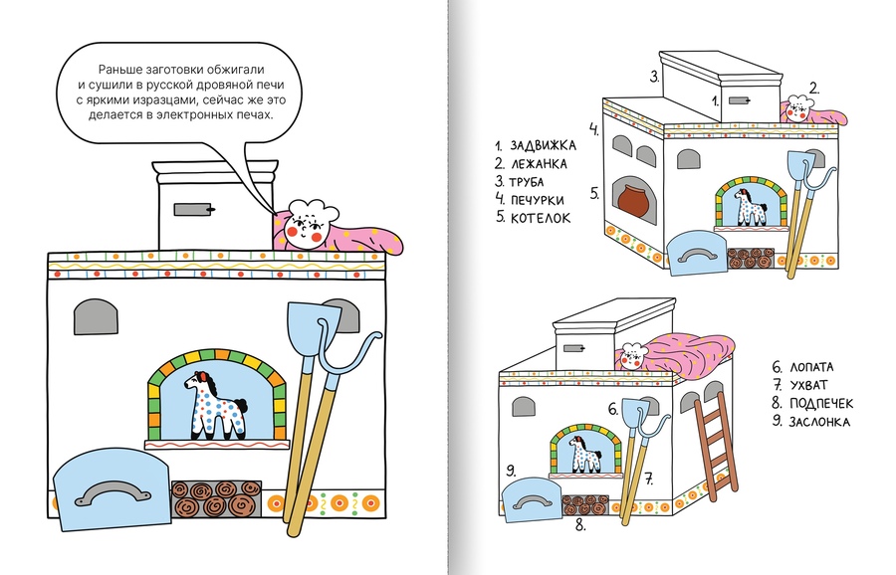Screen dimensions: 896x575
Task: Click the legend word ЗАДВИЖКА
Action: coord(543,145)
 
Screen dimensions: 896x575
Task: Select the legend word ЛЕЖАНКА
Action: coord(539,164)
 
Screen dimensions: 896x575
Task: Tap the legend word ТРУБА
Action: coord(527,182)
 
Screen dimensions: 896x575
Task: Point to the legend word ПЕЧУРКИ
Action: coord(538,200)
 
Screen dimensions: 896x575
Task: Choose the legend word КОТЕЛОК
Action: coord(540,218)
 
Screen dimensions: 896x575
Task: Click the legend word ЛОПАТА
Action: coord(811,367)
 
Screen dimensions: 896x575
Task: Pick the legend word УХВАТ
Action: coord(808,385)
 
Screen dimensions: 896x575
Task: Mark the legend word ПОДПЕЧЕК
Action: coord(821,404)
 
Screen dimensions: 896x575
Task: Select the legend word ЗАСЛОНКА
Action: coord(819,422)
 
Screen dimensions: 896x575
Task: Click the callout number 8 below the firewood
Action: coord(580,526)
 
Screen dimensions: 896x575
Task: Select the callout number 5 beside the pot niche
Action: coord(594,194)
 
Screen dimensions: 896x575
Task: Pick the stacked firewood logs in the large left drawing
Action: coord(217,498)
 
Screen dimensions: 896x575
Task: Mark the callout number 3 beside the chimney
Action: coord(654,77)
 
